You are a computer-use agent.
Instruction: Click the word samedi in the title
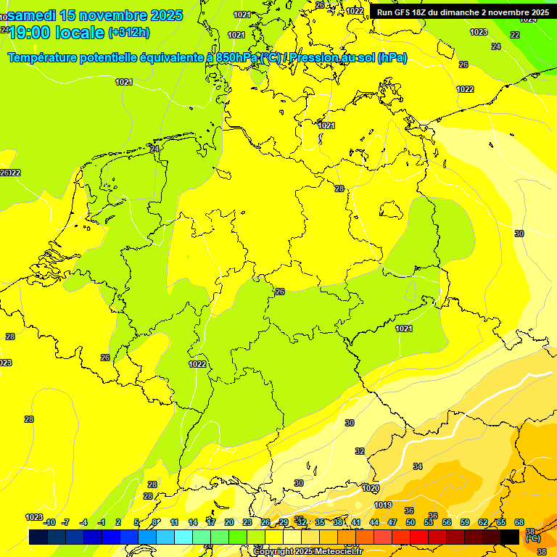click(33, 15)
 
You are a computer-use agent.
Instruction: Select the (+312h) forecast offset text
click(128, 32)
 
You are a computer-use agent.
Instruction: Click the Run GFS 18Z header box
click(463, 12)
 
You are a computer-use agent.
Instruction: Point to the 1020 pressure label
click(371, 488)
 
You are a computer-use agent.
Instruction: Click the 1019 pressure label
click(383, 506)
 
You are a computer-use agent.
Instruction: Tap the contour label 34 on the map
click(418, 466)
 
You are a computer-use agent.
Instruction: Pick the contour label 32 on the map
click(360, 451)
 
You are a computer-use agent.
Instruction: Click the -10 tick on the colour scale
click(49, 522)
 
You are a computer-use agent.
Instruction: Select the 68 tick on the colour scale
click(519, 522)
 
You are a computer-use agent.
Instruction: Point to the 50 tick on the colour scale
click(410, 522)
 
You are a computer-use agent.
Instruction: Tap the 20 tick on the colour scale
click(229, 522)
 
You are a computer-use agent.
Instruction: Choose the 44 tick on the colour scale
click(374, 522)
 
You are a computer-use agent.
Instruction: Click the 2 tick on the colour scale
click(118, 522)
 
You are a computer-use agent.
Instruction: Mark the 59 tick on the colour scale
click(465, 522)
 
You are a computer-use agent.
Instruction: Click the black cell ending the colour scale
click(510, 537)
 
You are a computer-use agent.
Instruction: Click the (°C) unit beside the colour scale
click(532, 539)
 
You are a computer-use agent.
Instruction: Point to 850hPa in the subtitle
click(237, 57)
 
